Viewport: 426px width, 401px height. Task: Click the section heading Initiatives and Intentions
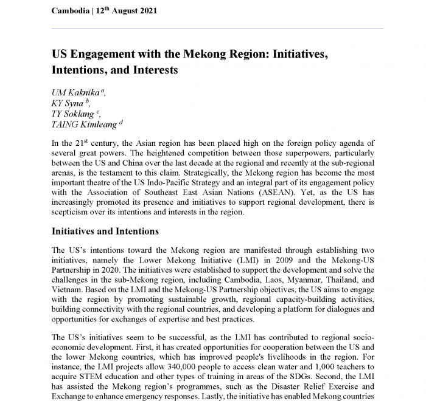click(105, 231)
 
